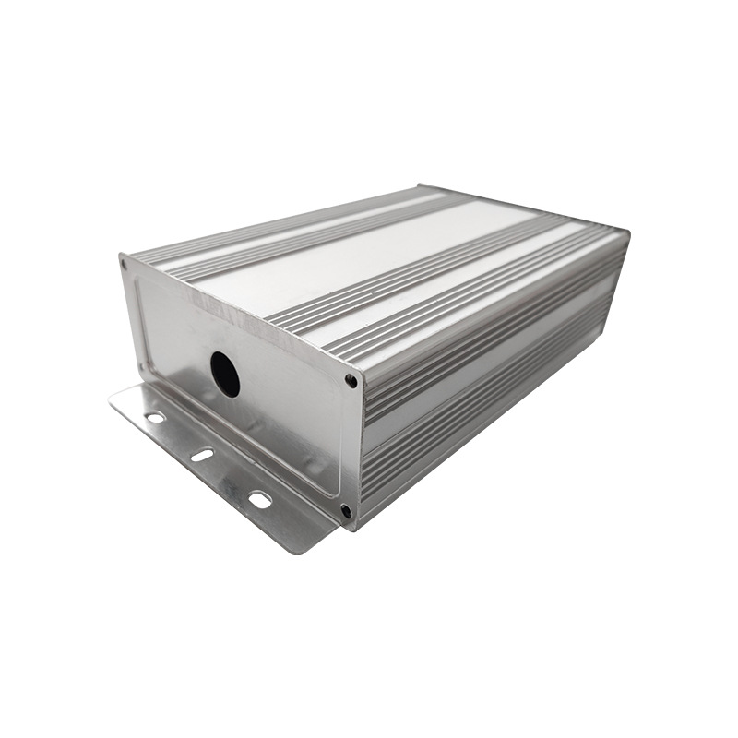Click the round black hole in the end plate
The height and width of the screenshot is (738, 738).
225,375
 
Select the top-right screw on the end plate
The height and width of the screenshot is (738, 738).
351,379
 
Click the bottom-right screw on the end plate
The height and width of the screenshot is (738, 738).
346,510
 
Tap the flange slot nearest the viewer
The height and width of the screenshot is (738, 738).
260,500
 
